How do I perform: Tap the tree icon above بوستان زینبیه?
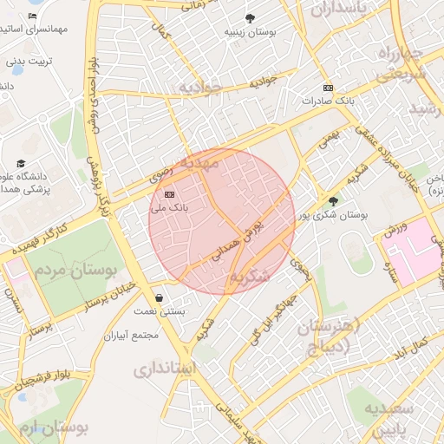tap(250, 18)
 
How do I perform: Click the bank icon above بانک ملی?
tap(169, 195)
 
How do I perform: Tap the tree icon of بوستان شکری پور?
tap(334, 201)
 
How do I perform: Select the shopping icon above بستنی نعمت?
tap(158, 297)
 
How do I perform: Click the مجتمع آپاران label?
tap(130, 335)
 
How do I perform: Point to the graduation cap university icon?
tap(21, 163)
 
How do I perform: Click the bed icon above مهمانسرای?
tap(32, 16)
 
